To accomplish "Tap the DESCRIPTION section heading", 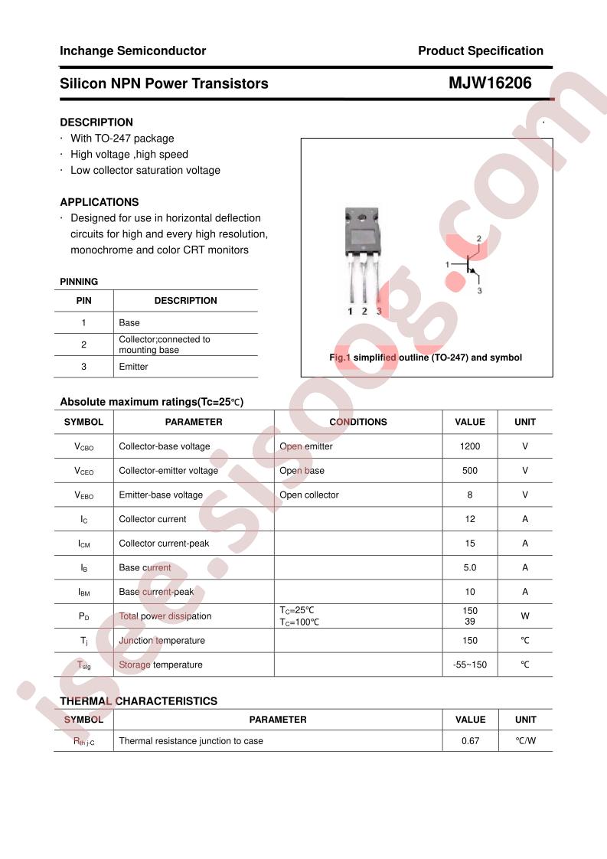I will (96, 122).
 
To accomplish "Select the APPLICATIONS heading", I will (100, 202).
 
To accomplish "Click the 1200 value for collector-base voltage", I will (470, 446).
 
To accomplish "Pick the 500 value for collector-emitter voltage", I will (470, 471).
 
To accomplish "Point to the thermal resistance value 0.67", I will (470, 741).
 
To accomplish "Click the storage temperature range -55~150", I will (470, 665).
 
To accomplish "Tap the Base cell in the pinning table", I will (129, 323).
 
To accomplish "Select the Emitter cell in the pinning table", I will (133, 367).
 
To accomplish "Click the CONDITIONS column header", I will (357, 422).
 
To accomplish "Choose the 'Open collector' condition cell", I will (308, 495).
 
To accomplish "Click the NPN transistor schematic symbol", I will (468, 265).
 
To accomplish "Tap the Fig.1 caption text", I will (425, 358).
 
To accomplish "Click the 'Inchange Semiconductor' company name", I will (132, 51).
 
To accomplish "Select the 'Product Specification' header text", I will (480, 51).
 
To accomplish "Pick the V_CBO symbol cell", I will (83, 446).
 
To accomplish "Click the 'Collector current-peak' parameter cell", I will (164, 544).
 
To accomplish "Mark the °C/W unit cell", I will (525, 741).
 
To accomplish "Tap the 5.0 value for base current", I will (470, 568).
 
